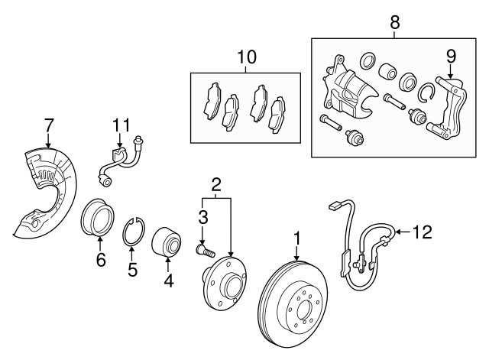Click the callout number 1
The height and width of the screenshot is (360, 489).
[x=297, y=240]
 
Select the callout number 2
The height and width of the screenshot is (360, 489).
[x=216, y=183]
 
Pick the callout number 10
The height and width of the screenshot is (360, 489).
[x=246, y=57]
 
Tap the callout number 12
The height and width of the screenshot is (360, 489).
[x=423, y=230]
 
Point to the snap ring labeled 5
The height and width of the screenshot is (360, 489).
[x=134, y=231]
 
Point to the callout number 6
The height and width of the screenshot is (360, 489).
[x=100, y=260]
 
